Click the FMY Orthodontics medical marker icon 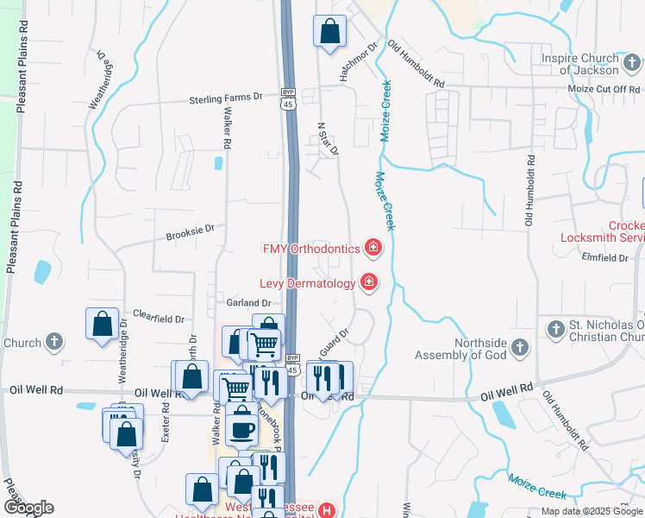click(373, 249)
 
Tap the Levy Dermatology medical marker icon click(368, 282)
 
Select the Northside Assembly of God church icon click(519, 347)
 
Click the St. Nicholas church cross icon click(555, 328)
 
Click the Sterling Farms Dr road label click(225, 99)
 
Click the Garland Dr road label click(248, 303)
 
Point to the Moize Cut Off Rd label click(604, 89)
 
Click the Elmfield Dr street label click(604, 257)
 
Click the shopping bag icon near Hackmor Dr click(330, 33)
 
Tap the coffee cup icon click(242, 427)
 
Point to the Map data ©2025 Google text click(592, 511)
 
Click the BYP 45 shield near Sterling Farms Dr click(288, 98)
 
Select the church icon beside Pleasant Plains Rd click(55, 342)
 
